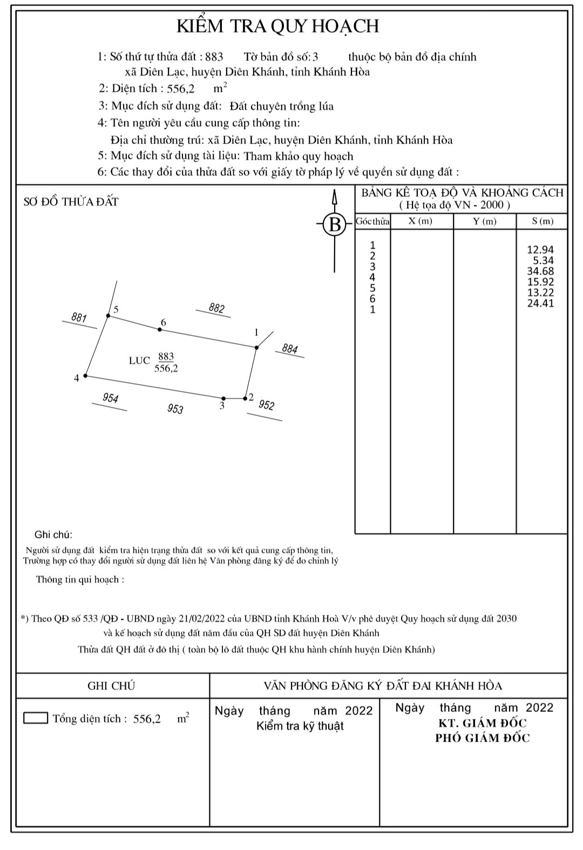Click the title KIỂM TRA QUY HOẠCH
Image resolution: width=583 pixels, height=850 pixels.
(278, 26)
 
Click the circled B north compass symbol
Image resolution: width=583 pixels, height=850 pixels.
(335, 224)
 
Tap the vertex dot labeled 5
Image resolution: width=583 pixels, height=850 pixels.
(109, 316)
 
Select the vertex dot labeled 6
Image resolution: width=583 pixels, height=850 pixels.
(160, 329)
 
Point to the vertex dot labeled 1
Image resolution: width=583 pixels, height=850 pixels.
(256, 347)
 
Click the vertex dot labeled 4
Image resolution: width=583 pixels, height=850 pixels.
(86, 376)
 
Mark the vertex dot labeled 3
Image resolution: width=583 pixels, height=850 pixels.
(223, 399)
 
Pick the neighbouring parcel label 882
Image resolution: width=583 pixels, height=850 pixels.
(217, 309)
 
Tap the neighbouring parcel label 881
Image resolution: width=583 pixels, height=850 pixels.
(79, 318)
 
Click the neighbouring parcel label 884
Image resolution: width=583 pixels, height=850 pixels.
(290, 349)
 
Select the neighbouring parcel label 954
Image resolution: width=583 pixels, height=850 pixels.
(110, 399)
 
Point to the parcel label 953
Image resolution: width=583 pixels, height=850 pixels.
(175, 409)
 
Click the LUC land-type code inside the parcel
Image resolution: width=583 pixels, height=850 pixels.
(139, 360)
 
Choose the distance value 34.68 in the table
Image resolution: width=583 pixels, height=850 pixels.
(540, 271)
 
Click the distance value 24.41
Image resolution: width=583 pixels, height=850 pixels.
(540, 303)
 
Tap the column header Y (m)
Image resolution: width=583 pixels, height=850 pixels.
(484, 221)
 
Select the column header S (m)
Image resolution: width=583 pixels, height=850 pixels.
(542, 221)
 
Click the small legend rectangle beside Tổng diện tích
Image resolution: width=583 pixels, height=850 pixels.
(36, 718)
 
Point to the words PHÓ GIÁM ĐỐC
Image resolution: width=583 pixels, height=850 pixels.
(483, 738)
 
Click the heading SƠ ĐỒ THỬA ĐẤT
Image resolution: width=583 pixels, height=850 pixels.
(71, 202)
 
